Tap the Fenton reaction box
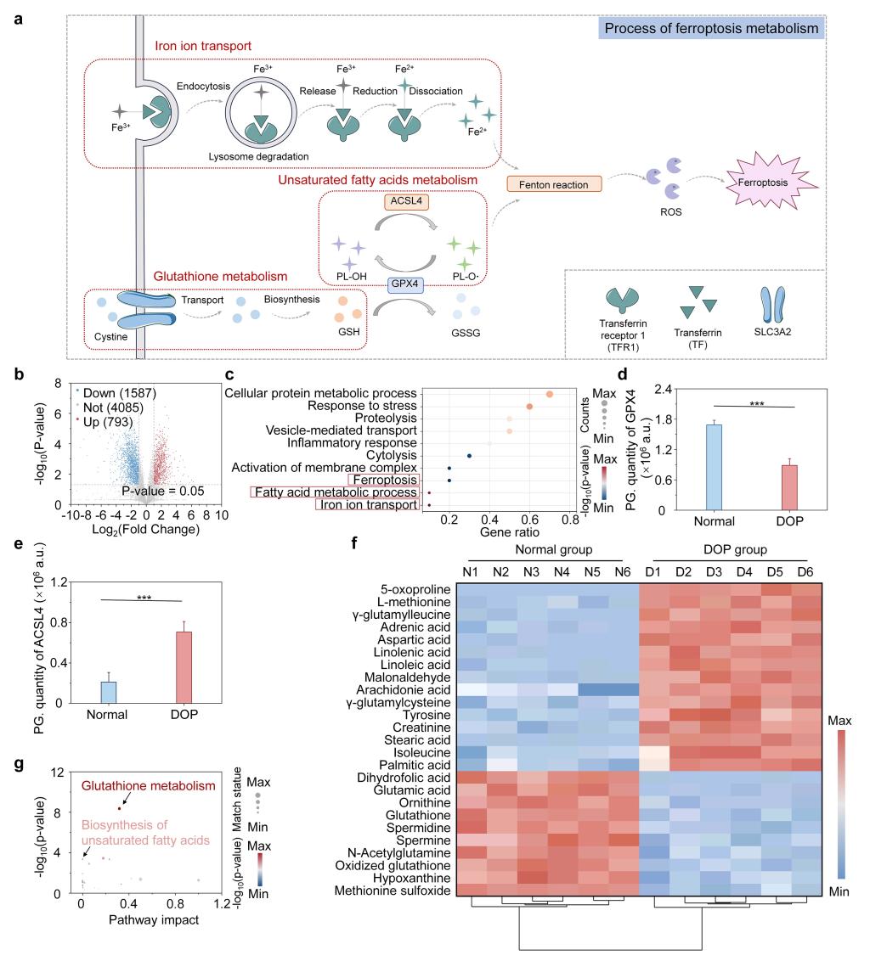tap(554, 183)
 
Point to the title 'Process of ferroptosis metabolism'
tap(712, 30)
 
